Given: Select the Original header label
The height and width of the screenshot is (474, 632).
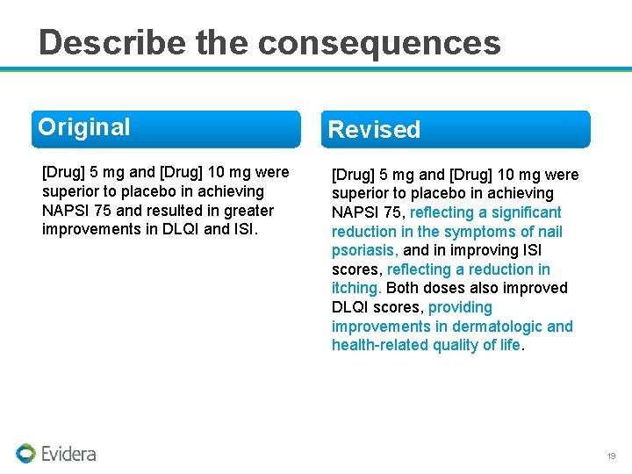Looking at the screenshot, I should (x=84, y=127).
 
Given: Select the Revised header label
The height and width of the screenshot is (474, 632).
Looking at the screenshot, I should (x=374, y=130).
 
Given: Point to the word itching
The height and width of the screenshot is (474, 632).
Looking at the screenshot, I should (x=355, y=288).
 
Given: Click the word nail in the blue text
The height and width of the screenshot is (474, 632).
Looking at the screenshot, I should (x=549, y=232).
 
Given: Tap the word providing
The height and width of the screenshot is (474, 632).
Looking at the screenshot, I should (x=460, y=307).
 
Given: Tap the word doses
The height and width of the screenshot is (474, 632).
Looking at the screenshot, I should (x=442, y=288).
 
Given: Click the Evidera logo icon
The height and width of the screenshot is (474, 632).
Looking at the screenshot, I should (x=25, y=453).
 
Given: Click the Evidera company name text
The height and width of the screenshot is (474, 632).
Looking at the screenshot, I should (x=68, y=454).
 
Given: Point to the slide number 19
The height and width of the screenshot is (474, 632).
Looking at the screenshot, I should (x=611, y=456).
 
